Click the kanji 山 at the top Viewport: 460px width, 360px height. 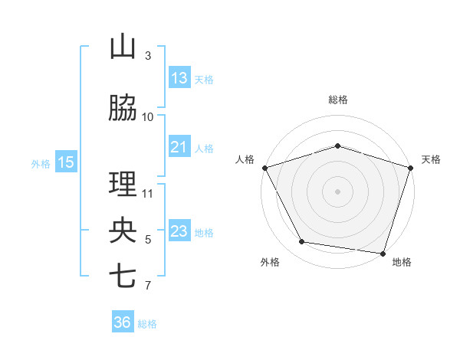(123, 47)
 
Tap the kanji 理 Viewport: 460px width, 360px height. (123, 185)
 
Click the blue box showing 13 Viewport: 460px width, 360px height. (179, 78)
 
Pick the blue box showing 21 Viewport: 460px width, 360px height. (179, 147)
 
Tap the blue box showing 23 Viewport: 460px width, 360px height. (179, 231)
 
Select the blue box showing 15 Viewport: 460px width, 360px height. (66, 162)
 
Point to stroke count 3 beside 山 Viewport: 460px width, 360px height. (148, 56)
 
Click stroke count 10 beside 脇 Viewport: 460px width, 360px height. (148, 116)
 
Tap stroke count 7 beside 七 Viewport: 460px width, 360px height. (148, 286)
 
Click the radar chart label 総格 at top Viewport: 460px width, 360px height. (338, 100)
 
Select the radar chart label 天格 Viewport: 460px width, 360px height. (431, 159)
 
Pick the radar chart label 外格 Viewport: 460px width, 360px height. (270, 262)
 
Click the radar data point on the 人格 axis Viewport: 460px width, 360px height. (264, 168)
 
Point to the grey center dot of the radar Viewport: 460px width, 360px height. (338, 191)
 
